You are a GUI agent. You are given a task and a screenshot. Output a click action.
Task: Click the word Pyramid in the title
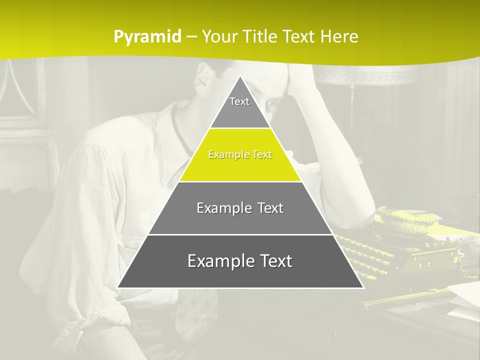(147, 37)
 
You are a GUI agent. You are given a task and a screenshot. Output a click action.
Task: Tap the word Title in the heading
(261, 37)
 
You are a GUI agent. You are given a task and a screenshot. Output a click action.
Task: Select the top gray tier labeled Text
(239, 107)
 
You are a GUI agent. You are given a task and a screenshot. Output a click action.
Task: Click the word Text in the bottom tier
(272, 261)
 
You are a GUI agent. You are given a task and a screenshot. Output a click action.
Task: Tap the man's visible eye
(272, 104)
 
